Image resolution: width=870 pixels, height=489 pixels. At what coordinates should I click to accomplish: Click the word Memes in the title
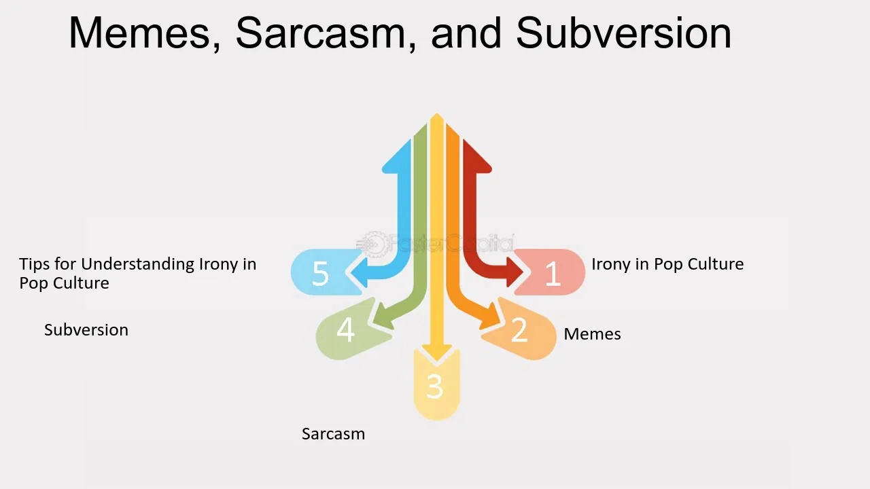point(139,33)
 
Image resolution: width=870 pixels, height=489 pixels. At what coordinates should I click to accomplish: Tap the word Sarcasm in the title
point(321,33)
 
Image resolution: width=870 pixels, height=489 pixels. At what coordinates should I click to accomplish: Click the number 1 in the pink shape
point(553,274)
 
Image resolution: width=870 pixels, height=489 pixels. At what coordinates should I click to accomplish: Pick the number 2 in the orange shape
point(519,330)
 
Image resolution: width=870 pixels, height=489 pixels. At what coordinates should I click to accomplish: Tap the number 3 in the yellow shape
point(435,386)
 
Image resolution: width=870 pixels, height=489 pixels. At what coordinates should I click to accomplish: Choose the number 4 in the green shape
point(346,330)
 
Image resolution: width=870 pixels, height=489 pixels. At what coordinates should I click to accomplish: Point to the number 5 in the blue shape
point(320,274)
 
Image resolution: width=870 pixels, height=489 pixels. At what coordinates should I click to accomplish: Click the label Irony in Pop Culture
point(667,264)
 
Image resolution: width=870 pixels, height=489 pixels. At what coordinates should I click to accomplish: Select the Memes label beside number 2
point(592,333)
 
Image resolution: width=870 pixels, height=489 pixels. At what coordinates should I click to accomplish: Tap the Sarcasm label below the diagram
point(333,434)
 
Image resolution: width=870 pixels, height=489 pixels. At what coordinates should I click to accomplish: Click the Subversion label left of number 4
point(86,330)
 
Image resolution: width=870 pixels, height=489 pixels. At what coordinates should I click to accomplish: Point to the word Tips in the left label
point(34,264)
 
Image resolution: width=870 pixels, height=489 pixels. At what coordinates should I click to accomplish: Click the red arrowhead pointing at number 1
point(515,272)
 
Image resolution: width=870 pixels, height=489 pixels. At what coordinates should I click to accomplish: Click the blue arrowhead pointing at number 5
point(359,272)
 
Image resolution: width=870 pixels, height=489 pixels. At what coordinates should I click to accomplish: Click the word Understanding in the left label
point(138,265)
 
